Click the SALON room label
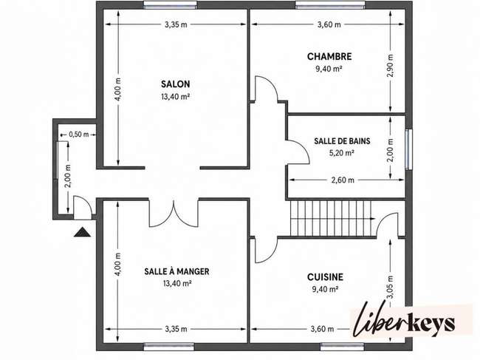[176, 84]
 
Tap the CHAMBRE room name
[329, 57]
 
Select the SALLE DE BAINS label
[342, 141]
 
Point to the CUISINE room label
[325, 277]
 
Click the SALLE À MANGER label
[176, 271]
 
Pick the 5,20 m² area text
[342, 153]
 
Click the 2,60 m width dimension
[343, 180]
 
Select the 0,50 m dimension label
[79, 135]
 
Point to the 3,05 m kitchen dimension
[391, 287]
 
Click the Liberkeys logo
[404, 321]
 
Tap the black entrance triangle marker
[83, 232]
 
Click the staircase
[332, 219]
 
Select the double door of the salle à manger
[174, 214]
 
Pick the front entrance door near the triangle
[83, 208]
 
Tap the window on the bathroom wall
[408, 149]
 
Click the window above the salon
[171, 4]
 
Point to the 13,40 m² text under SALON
[176, 97]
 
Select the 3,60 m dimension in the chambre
[329, 24]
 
